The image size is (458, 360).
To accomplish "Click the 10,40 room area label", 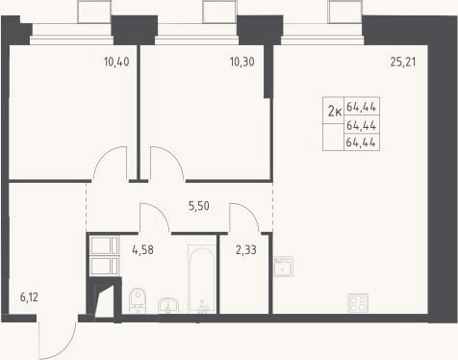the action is pyautogui.click(x=116, y=62).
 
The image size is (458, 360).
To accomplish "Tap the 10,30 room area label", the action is pyautogui.click(x=242, y=62).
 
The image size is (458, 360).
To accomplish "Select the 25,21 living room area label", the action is pyautogui.click(x=403, y=62).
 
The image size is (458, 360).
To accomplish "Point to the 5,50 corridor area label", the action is pyautogui.click(x=199, y=206).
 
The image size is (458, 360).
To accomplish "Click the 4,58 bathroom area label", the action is pyautogui.click(x=142, y=249).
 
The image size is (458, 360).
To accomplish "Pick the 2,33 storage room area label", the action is pyautogui.click(x=246, y=249).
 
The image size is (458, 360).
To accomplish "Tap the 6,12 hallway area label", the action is pyautogui.click(x=29, y=297).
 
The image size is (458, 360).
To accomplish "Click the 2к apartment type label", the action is pyautogui.click(x=335, y=112).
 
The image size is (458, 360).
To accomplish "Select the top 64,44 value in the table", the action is pyautogui.click(x=361, y=107).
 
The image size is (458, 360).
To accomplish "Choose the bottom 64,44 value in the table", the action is pyautogui.click(x=361, y=142).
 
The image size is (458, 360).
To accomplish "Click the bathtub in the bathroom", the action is pyautogui.click(x=202, y=279).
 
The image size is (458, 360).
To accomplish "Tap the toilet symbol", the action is pyautogui.click(x=138, y=300).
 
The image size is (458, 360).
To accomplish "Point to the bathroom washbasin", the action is pyautogui.click(x=168, y=305).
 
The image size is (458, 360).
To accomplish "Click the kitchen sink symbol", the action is pyautogui.click(x=284, y=267).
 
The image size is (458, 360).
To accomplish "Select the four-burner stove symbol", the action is pyautogui.click(x=358, y=303).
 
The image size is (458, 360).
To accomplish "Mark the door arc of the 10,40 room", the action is pyautogui.click(x=102, y=155).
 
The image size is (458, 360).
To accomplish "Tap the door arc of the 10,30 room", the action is pyautogui.click(x=175, y=155).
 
